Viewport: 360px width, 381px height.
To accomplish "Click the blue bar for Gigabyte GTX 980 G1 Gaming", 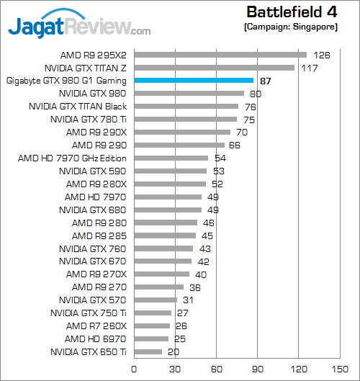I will pos(194,81).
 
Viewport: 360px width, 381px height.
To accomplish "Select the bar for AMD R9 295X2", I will pos(220,54).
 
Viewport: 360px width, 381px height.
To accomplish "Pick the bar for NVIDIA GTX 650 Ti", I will pos(148,352).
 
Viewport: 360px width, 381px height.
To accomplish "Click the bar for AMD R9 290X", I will pos(182,133).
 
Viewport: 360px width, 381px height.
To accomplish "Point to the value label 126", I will pos(321,55).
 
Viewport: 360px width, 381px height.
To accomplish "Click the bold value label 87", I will pos(265,81).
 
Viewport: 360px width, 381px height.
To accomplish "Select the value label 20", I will pos(174,352).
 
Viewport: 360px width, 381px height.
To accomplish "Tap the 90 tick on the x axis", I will pos(257,368).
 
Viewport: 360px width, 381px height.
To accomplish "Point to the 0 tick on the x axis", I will pos(135,368).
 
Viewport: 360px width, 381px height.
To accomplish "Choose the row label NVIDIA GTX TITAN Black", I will pos(77,107).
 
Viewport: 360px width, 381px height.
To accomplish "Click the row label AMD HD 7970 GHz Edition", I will pos(72,158).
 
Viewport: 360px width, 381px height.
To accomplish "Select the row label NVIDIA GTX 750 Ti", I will pos(89,313).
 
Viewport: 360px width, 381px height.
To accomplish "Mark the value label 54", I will pos(220,158).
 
